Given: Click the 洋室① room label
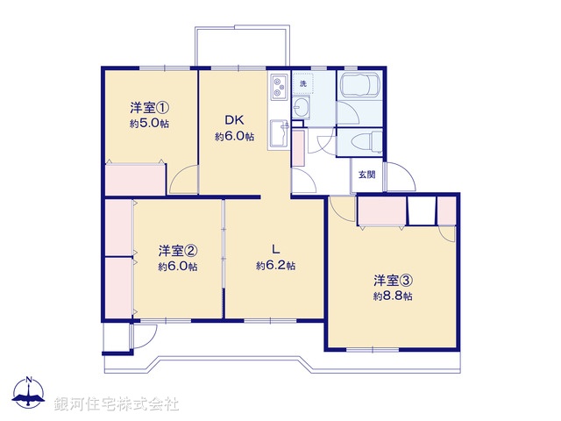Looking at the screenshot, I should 150,109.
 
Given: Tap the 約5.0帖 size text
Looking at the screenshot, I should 150,124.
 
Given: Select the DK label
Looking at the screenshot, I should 233,121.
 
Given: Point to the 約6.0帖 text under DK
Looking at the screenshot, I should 235,137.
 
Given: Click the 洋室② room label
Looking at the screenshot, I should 177,250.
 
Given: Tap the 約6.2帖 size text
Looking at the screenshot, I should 275,265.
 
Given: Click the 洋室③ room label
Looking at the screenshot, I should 394,281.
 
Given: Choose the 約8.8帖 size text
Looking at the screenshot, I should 394,296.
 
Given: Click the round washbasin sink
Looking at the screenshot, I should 302,108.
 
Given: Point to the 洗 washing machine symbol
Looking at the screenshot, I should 303,83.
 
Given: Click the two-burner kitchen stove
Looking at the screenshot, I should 279,86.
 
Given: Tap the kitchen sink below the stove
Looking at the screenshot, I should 279,133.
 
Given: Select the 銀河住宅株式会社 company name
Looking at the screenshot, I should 117,404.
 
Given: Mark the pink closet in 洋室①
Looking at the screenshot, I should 136,178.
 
